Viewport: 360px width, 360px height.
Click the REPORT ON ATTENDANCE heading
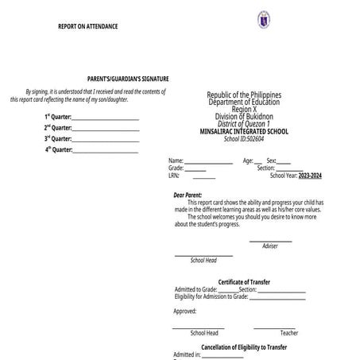(88, 26)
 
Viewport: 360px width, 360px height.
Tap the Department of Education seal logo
(264, 20)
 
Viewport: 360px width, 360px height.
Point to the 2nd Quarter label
(58, 127)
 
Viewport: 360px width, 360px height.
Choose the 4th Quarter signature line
(105, 150)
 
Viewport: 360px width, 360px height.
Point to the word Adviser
(270, 246)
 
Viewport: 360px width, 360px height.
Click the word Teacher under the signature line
(289, 333)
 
